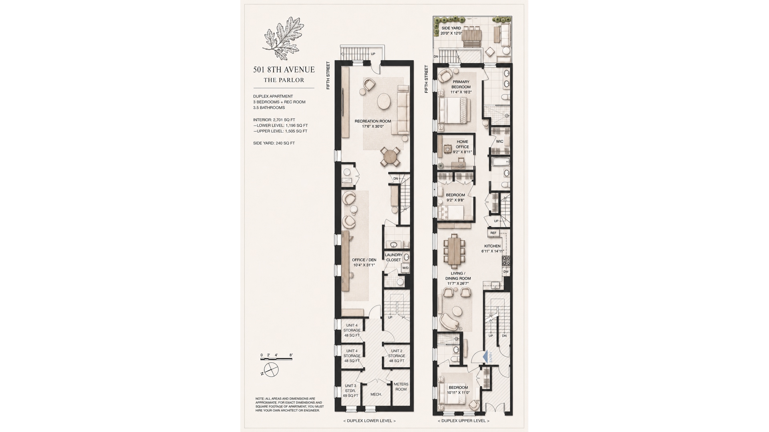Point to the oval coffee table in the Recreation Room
click(x=384, y=101)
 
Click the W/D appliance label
click(x=405, y=268)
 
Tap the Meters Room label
click(x=401, y=387)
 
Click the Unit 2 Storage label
click(x=397, y=356)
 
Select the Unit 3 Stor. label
click(x=350, y=391)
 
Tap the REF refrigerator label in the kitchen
click(x=493, y=233)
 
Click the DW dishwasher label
click(x=506, y=272)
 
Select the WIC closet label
click(x=499, y=142)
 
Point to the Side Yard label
click(x=451, y=31)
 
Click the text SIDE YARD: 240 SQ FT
click(x=274, y=143)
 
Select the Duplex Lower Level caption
click(x=369, y=421)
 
